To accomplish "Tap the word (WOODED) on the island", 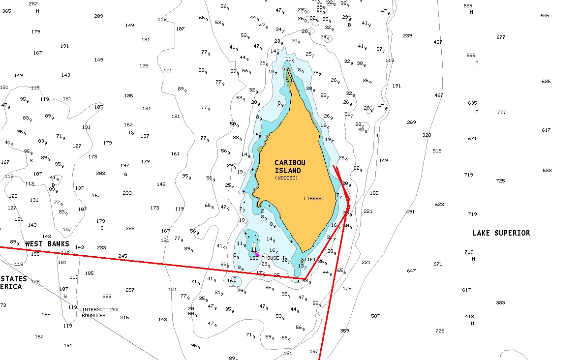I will [x=286, y=178].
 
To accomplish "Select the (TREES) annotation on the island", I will [x=314, y=198].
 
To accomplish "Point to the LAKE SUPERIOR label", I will [x=501, y=233].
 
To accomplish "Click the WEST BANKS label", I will [x=47, y=244].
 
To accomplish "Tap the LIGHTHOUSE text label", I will [x=264, y=258].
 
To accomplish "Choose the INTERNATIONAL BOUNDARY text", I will [x=100, y=312].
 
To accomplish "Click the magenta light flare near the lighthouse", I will [x=257, y=254].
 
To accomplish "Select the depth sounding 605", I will [x=545, y=16].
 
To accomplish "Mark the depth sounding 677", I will [x=501, y=37].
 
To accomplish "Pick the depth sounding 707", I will [x=502, y=113].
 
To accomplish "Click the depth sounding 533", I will [x=547, y=171].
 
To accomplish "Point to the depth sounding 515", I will [x=437, y=151].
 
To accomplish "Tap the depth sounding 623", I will [x=439, y=205].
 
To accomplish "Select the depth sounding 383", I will [x=500, y=303].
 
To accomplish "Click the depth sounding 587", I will [x=375, y=316].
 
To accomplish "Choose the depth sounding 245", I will [x=122, y=256].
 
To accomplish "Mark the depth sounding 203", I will [x=100, y=174].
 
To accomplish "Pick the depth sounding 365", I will [x=6, y=11].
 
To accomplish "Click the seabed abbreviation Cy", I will [x=131, y=133].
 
